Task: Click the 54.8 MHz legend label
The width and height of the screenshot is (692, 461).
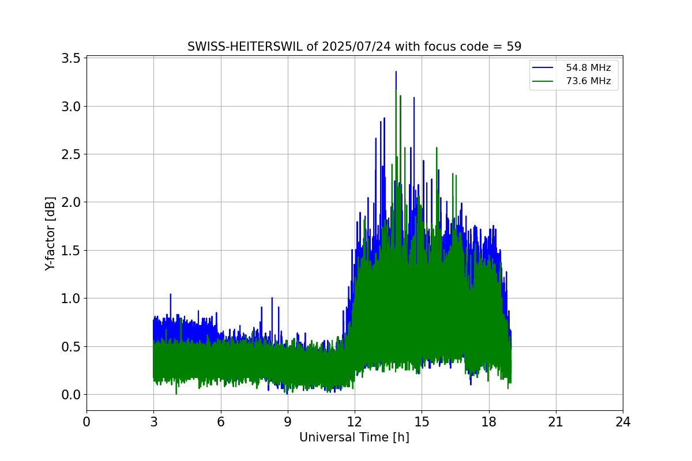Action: tap(588, 67)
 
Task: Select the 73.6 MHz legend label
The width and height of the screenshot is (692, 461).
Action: tap(588, 81)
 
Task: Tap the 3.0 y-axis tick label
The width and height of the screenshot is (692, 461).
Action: tap(70, 107)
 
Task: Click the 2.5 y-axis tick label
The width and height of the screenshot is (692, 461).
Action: tap(70, 154)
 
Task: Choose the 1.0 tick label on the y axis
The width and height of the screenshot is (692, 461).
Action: tap(70, 298)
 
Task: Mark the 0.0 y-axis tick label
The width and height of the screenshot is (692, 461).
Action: tap(70, 395)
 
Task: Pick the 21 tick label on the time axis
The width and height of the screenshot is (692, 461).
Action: tap(556, 422)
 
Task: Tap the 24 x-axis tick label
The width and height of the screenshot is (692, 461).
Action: tap(623, 422)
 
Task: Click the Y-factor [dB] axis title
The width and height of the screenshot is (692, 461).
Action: tap(50, 234)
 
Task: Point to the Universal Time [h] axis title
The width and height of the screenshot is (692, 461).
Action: tap(354, 437)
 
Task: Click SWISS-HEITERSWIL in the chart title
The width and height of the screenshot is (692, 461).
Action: tap(245, 47)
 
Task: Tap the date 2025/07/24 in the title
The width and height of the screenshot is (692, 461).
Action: tap(356, 47)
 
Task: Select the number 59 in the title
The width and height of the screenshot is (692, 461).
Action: tap(514, 47)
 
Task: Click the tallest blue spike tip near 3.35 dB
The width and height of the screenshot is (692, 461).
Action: tap(396, 71)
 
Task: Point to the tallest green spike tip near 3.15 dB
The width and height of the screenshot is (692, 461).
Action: tap(396, 90)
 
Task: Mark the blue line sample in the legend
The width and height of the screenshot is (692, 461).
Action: tap(543, 67)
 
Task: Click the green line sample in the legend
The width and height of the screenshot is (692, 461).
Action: tap(543, 81)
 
